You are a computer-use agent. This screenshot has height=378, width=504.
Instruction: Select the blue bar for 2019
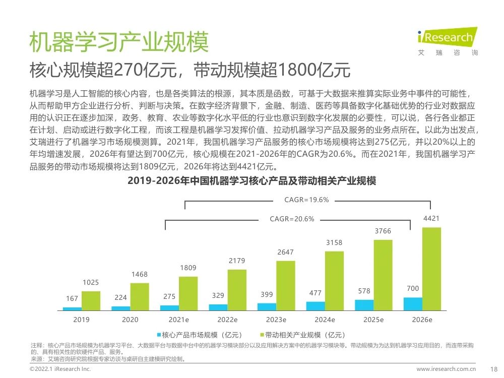pos(72,308)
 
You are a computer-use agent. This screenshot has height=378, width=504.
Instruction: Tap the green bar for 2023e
pos(286,285)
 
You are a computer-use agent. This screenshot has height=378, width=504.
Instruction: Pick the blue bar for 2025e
pos(364,305)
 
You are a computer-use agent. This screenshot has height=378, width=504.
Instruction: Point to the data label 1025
pos(91,282)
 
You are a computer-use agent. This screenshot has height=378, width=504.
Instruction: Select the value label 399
pos(267,294)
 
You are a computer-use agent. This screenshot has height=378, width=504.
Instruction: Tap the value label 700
pos(413,288)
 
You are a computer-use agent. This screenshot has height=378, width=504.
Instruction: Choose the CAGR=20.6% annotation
pos(292,219)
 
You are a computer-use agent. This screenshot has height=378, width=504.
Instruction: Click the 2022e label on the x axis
pos(227,320)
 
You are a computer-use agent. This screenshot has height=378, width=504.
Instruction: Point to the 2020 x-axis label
pos(130,320)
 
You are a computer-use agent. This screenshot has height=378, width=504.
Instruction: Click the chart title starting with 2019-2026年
pos(251,180)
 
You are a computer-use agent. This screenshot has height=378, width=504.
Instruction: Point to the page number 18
pos(494,369)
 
